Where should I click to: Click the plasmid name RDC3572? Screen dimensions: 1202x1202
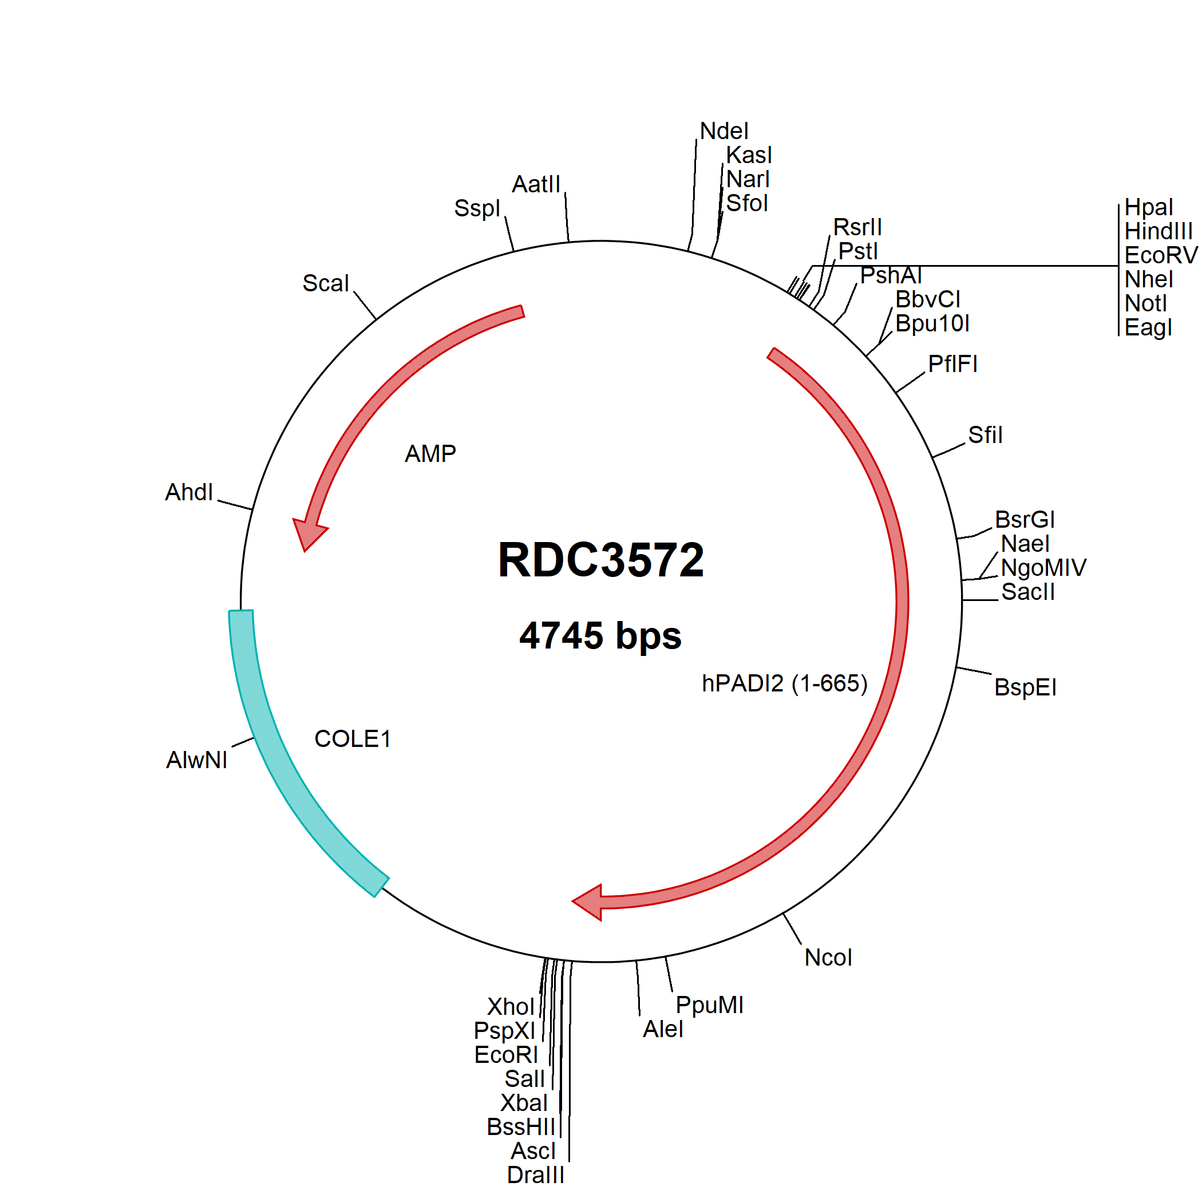click(600, 559)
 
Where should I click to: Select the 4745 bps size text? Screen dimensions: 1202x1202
click(600, 636)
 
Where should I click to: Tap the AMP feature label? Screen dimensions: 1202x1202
click(430, 453)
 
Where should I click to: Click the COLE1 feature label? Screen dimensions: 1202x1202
click(352, 738)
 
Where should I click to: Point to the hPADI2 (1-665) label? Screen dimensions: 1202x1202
click(785, 683)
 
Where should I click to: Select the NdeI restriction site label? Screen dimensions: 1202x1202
click(724, 131)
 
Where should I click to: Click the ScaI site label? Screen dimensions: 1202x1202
click(325, 283)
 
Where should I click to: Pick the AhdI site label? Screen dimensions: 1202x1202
click(188, 492)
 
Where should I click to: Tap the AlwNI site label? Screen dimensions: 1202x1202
click(196, 760)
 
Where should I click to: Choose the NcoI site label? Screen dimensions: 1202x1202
click(828, 958)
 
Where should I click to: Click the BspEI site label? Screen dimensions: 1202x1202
click(1025, 687)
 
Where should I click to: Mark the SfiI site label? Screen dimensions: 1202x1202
click(986, 435)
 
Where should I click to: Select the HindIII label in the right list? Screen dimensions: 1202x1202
click(1158, 231)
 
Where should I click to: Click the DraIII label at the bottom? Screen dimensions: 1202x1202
click(536, 1175)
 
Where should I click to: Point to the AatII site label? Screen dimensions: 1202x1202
click(536, 184)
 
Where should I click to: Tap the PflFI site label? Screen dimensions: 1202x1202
click(952, 364)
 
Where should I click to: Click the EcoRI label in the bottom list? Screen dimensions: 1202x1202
click(506, 1054)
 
